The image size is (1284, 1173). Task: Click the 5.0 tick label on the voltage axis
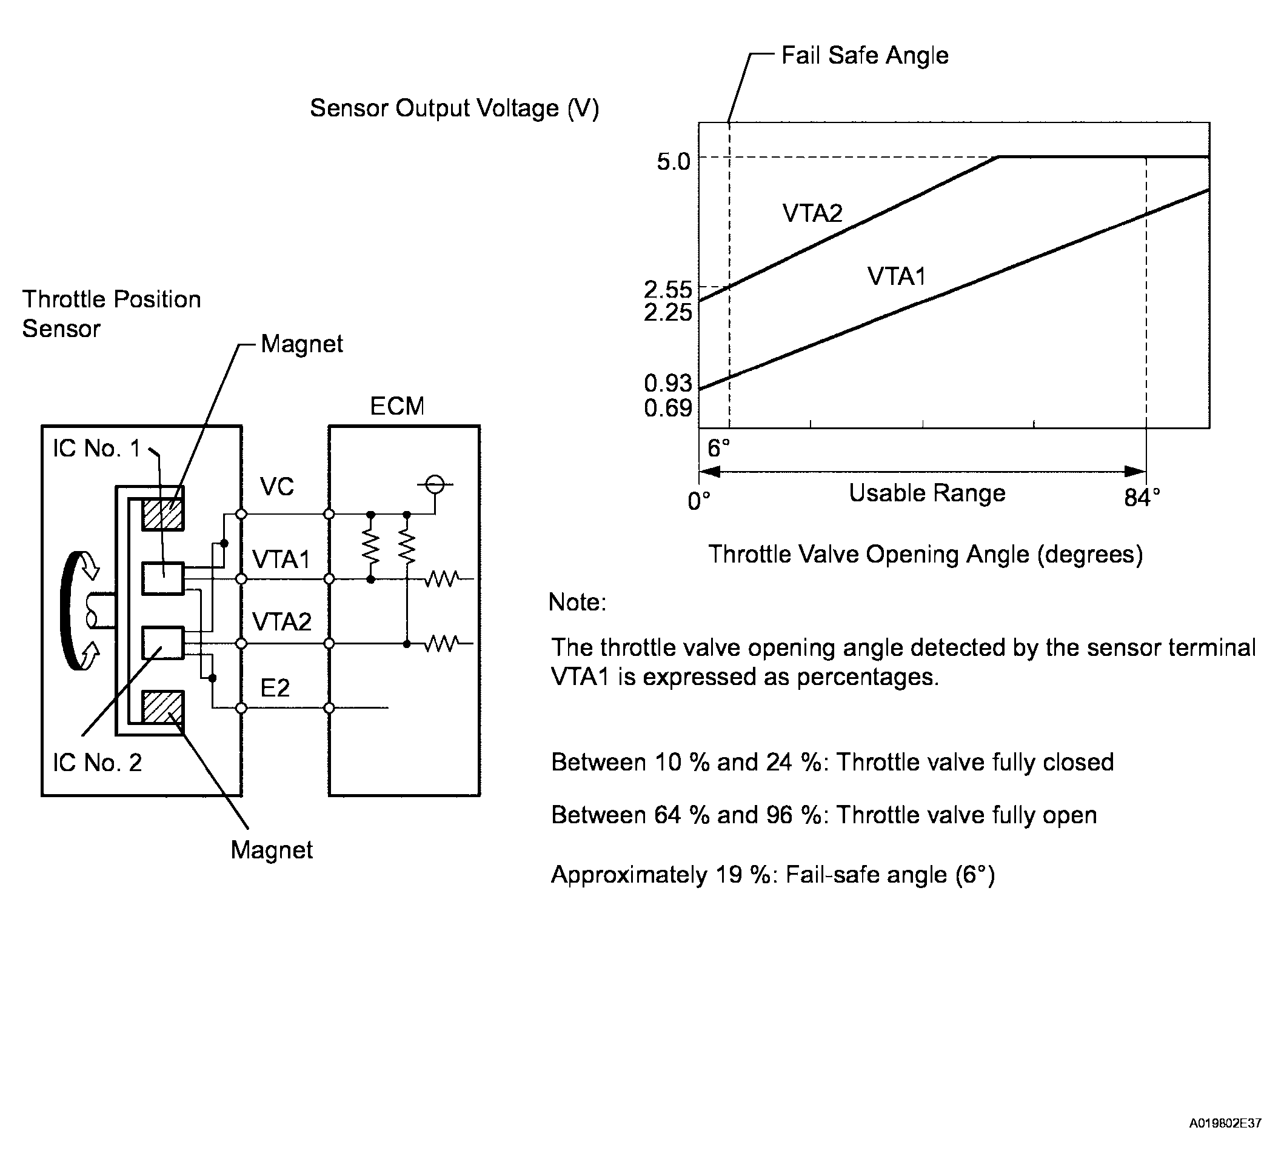[x=673, y=162]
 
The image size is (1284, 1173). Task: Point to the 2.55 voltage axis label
[x=667, y=290]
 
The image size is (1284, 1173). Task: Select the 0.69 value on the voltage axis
[x=667, y=407]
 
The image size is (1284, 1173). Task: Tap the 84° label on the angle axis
[x=1142, y=498]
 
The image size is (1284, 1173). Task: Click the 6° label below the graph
[x=718, y=449]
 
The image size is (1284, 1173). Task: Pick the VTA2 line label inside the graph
[x=812, y=213]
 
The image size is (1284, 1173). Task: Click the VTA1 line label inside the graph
[x=896, y=276]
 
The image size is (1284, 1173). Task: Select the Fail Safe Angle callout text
[x=864, y=55]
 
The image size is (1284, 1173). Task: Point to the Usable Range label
[x=927, y=493]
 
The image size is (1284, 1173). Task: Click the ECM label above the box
[x=397, y=406]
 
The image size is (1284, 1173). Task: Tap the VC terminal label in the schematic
[x=277, y=487]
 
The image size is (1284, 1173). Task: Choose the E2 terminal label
[x=275, y=688]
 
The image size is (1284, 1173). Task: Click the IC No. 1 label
[x=96, y=449]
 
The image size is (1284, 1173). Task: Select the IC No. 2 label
[x=97, y=762]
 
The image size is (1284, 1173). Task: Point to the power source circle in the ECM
[x=435, y=484]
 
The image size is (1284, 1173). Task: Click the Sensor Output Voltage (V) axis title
[x=454, y=109]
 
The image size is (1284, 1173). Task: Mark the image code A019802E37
[x=1225, y=1123]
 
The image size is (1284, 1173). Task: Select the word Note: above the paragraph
[x=577, y=602]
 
